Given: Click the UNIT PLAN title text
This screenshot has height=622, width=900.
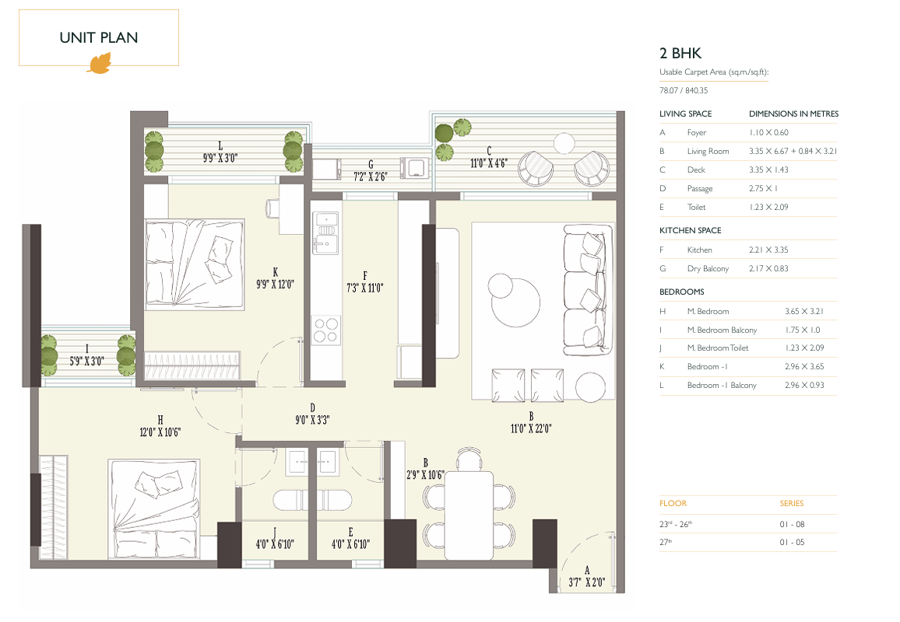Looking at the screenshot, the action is pyautogui.click(x=99, y=38).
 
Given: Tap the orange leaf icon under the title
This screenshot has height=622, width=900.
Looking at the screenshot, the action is pyautogui.click(x=100, y=63).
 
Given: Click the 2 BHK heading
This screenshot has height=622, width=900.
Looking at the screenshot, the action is pyautogui.click(x=680, y=54).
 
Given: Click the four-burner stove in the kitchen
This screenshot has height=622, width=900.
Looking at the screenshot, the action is pyautogui.click(x=325, y=330).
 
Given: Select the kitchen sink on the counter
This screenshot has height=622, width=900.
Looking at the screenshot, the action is pyautogui.click(x=325, y=233).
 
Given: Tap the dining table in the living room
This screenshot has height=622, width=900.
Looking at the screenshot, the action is pyautogui.click(x=469, y=515).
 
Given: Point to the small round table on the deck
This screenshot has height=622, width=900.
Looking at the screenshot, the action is pyautogui.click(x=564, y=143).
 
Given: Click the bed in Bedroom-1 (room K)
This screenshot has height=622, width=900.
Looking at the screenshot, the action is pyautogui.click(x=195, y=264).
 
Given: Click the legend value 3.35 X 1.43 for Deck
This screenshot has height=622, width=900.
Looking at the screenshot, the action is pyautogui.click(x=768, y=169).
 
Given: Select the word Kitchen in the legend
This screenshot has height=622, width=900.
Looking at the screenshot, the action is pyautogui.click(x=700, y=250).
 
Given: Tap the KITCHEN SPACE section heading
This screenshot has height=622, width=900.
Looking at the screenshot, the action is pyautogui.click(x=691, y=230).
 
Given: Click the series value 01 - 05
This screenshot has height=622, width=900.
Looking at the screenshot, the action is pyautogui.click(x=792, y=543).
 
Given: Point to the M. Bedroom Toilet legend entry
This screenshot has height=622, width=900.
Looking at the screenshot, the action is pyautogui.click(x=718, y=348).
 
